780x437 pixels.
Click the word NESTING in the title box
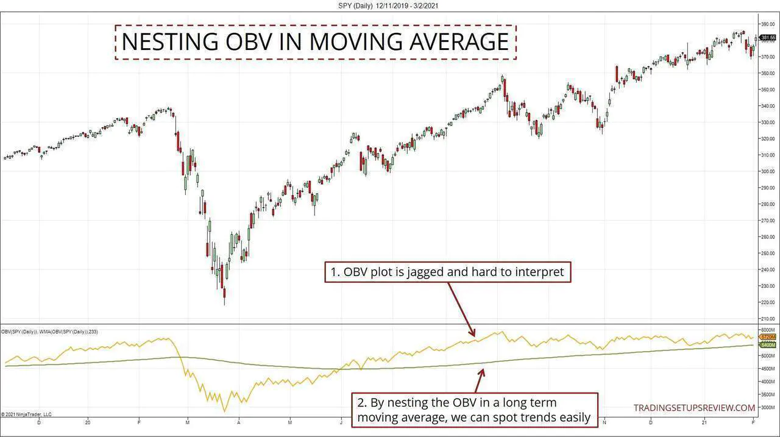point(168,41)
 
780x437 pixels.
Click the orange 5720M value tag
point(767,337)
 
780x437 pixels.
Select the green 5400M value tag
point(767,345)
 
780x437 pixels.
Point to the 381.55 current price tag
point(768,38)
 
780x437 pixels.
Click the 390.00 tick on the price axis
point(767,24)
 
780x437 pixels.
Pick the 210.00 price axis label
point(767,319)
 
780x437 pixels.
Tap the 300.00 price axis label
point(767,171)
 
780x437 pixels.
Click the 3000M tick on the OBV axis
point(767,407)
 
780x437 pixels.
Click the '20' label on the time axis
point(88,421)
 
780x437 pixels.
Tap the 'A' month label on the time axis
point(239,421)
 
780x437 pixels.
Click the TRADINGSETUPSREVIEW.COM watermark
point(694,407)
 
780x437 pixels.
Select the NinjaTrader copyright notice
point(26,414)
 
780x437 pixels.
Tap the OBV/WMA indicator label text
point(50,332)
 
